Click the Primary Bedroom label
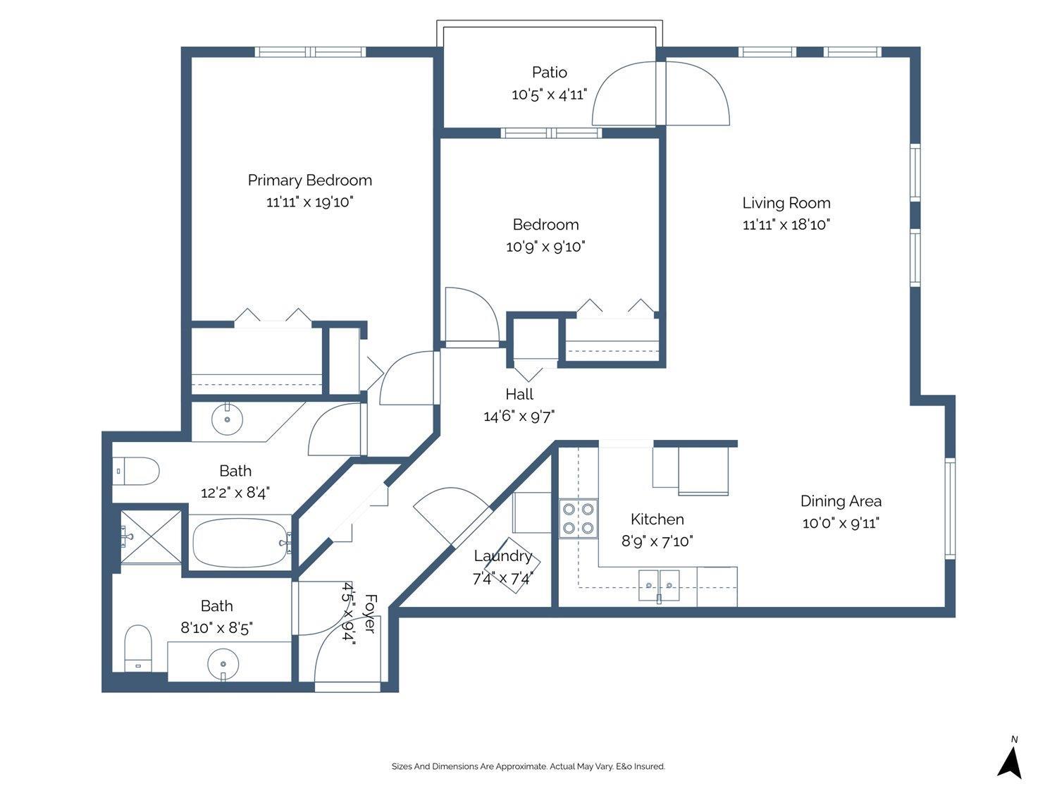[309, 180]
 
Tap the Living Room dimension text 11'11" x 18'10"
[786, 225]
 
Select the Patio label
[549, 72]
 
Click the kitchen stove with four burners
[579, 518]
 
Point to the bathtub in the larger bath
[240, 543]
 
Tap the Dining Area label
[841, 501]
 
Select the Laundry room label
[502, 556]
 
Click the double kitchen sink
[659, 585]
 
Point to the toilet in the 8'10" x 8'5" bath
[138, 647]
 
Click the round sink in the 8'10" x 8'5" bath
[223, 664]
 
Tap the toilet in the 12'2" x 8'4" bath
[137, 471]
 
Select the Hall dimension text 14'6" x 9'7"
[519, 417]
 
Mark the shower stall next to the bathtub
[149, 536]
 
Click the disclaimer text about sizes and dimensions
[528, 766]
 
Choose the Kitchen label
[657, 520]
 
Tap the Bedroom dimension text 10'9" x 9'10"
[545, 247]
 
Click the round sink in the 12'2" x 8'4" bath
[227, 420]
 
